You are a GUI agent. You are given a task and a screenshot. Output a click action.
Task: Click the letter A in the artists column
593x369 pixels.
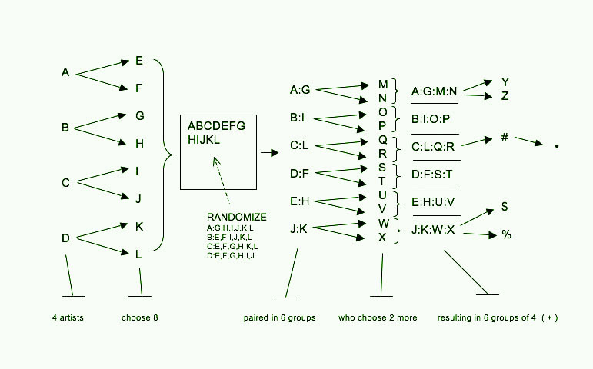click(65, 73)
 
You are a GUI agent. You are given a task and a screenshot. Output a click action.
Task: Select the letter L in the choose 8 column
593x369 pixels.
click(138, 254)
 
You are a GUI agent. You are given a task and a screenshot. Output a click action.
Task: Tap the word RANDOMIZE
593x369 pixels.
click(236, 217)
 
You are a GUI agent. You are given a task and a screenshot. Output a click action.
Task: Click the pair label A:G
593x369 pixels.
click(300, 91)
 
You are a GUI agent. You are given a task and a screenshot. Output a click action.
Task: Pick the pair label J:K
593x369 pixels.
click(299, 228)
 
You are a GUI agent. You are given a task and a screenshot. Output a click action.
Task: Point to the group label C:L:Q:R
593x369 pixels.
click(433, 146)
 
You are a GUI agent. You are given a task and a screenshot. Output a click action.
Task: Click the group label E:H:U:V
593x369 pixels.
click(433, 202)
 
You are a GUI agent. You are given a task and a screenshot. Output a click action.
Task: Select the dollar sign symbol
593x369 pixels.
click(505, 207)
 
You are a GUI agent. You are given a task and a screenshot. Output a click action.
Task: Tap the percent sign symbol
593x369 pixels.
click(506, 234)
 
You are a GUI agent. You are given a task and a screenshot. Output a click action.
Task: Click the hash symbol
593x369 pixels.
click(505, 138)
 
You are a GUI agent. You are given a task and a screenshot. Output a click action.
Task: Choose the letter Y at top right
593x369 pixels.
click(505, 81)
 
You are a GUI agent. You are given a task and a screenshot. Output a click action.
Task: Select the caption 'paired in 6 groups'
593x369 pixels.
click(279, 317)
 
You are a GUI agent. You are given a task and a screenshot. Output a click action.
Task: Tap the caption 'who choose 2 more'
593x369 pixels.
click(378, 317)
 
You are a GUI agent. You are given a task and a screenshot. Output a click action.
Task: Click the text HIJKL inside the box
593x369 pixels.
click(204, 139)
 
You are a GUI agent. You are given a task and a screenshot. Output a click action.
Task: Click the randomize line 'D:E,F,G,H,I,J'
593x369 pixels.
click(231, 255)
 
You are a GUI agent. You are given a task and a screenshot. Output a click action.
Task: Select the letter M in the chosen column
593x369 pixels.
click(383, 84)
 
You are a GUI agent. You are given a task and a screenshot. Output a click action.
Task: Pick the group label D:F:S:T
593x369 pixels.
click(432, 175)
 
